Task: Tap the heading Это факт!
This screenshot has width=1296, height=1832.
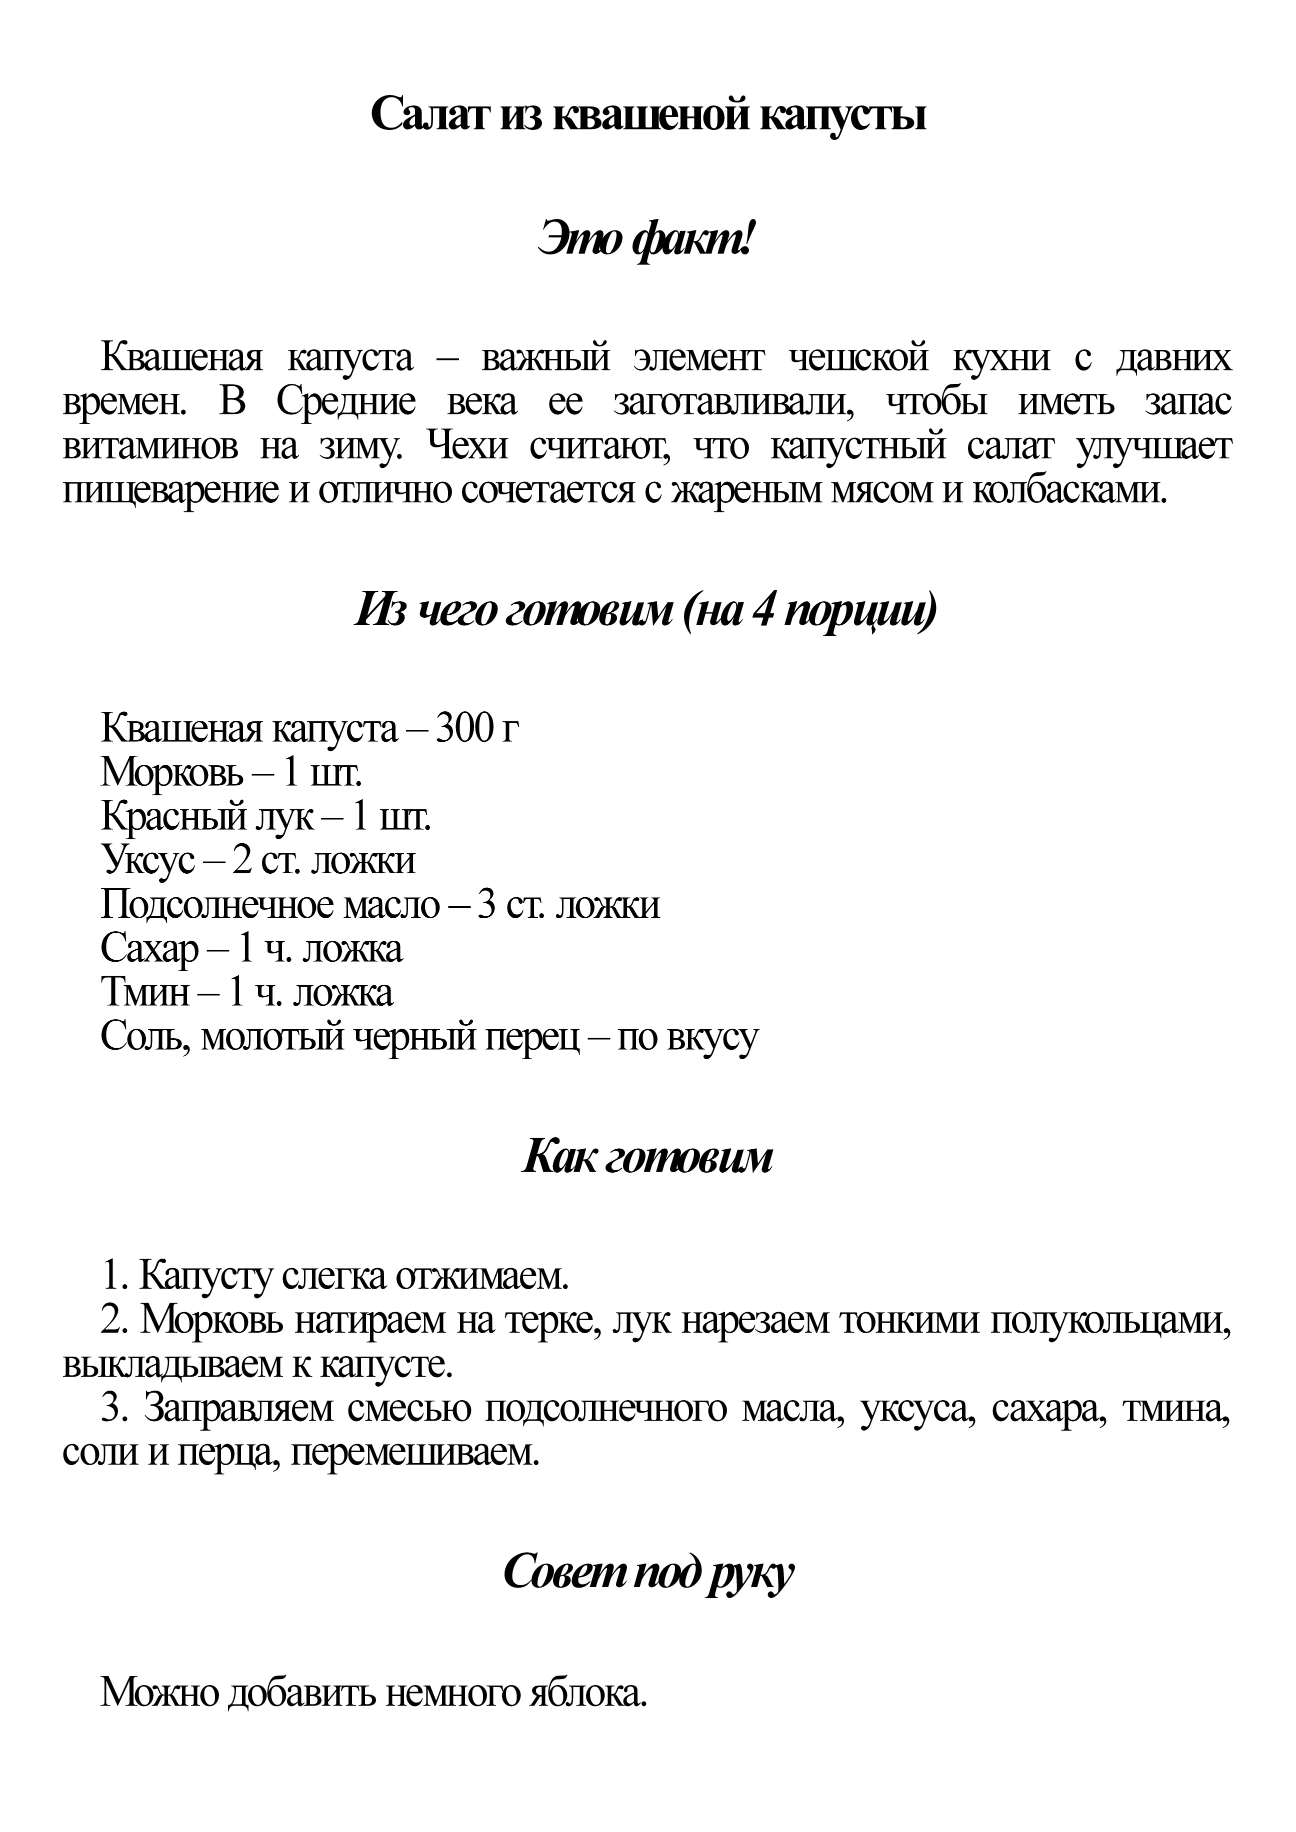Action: pos(647,239)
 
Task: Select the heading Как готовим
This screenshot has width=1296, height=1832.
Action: pos(647,1159)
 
